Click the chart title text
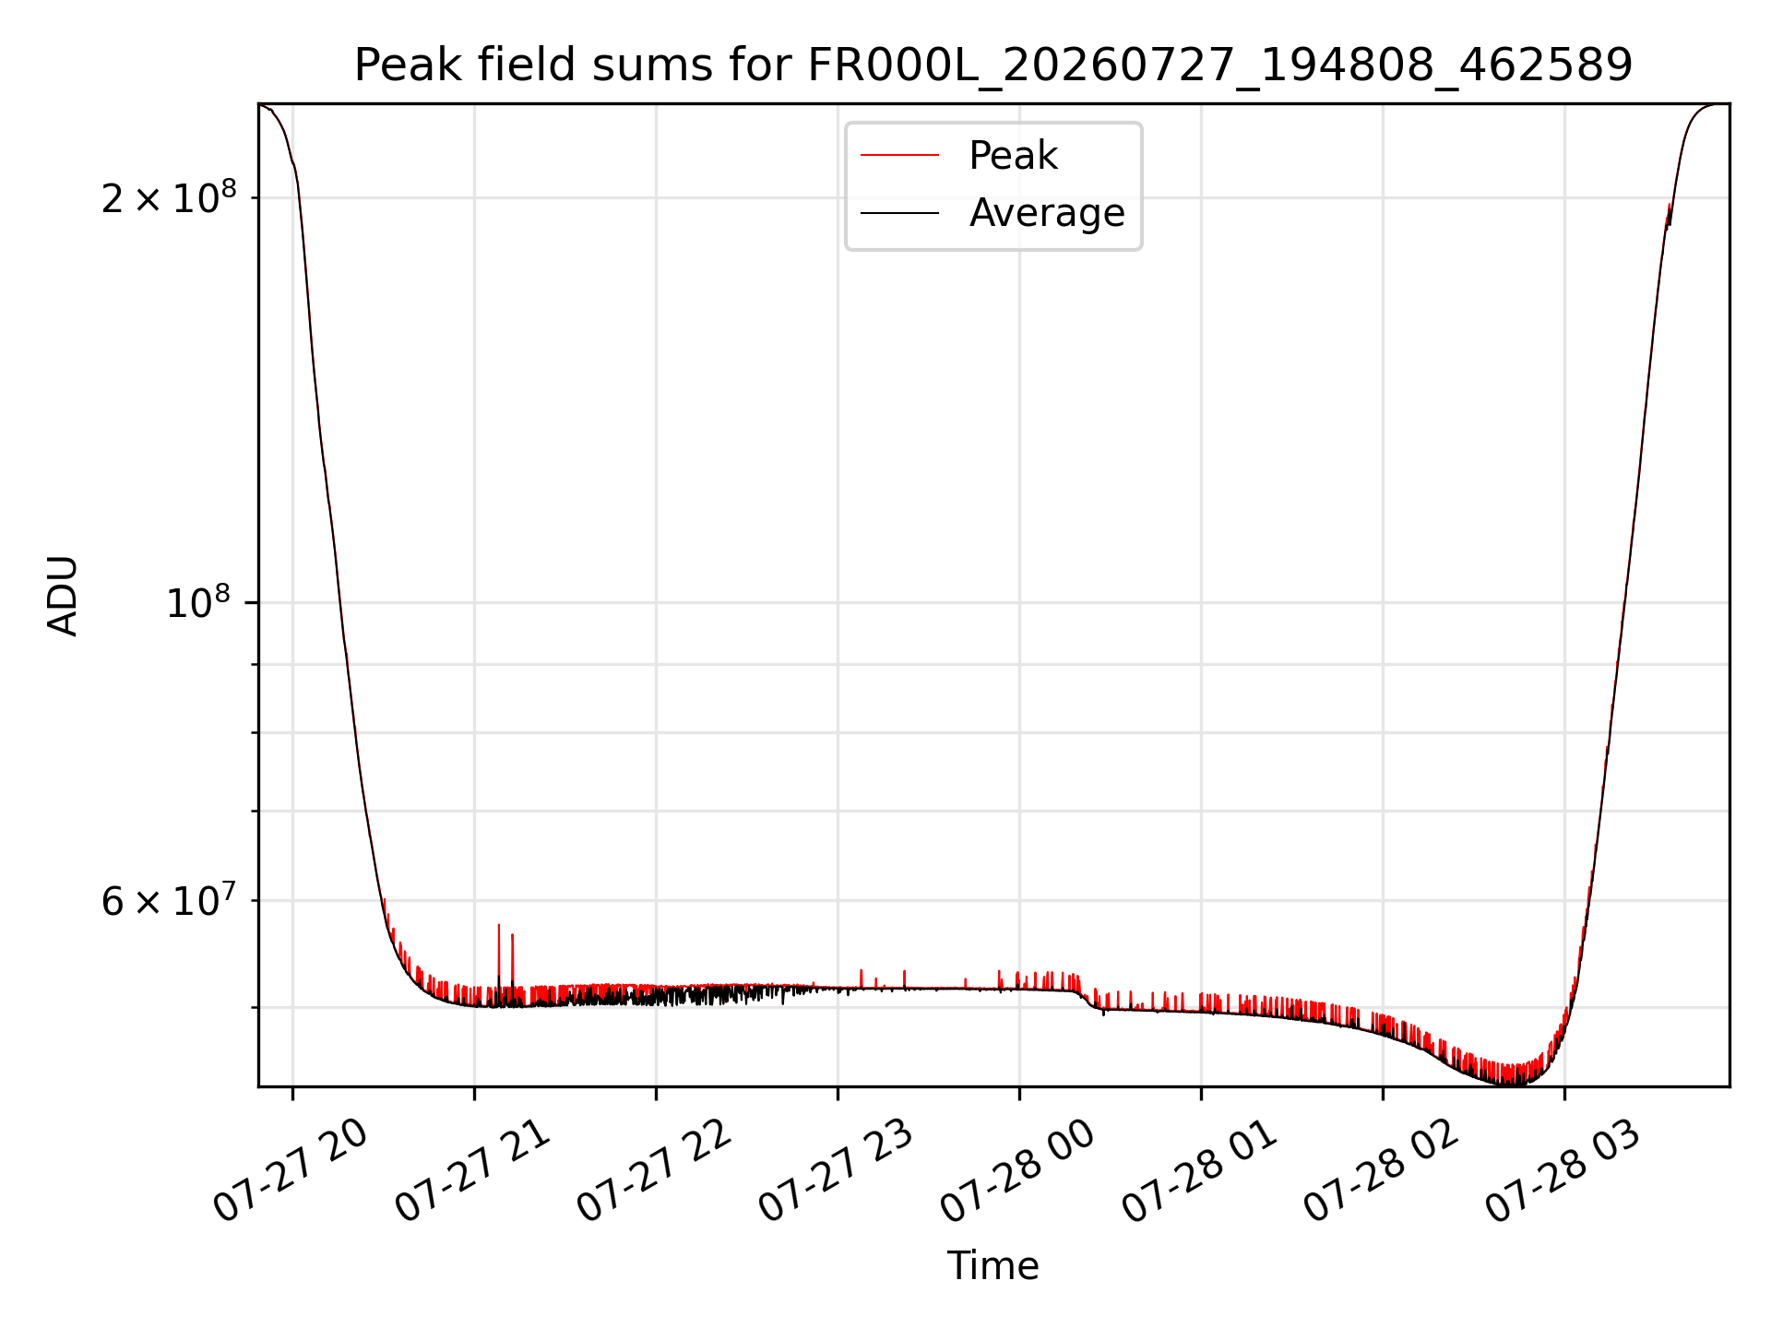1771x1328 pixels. (x=993, y=65)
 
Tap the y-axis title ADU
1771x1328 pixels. (x=63, y=595)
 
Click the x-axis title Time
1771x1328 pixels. (x=993, y=1266)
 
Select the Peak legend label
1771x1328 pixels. (x=1013, y=156)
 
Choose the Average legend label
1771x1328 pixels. (x=1047, y=213)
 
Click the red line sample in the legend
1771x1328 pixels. (x=899, y=156)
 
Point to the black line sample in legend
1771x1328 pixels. (x=899, y=213)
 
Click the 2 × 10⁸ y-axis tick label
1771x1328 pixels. (x=169, y=197)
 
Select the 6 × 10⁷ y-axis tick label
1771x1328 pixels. (x=169, y=900)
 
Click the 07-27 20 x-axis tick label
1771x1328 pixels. (x=291, y=1172)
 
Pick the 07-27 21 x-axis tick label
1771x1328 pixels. (x=473, y=1172)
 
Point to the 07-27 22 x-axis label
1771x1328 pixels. (x=655, y=1172)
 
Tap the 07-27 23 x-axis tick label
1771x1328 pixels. (x=837, y=1172)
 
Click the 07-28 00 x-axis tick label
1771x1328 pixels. (x=1018, y=1172)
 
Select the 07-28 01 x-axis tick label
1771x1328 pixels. (x=1200, y=1172)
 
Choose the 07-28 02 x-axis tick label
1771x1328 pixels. (x=1382, y=1172)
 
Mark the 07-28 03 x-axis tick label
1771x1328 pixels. (x=1563, y=1172)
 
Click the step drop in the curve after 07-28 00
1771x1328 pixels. (x=1088, y=1000)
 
